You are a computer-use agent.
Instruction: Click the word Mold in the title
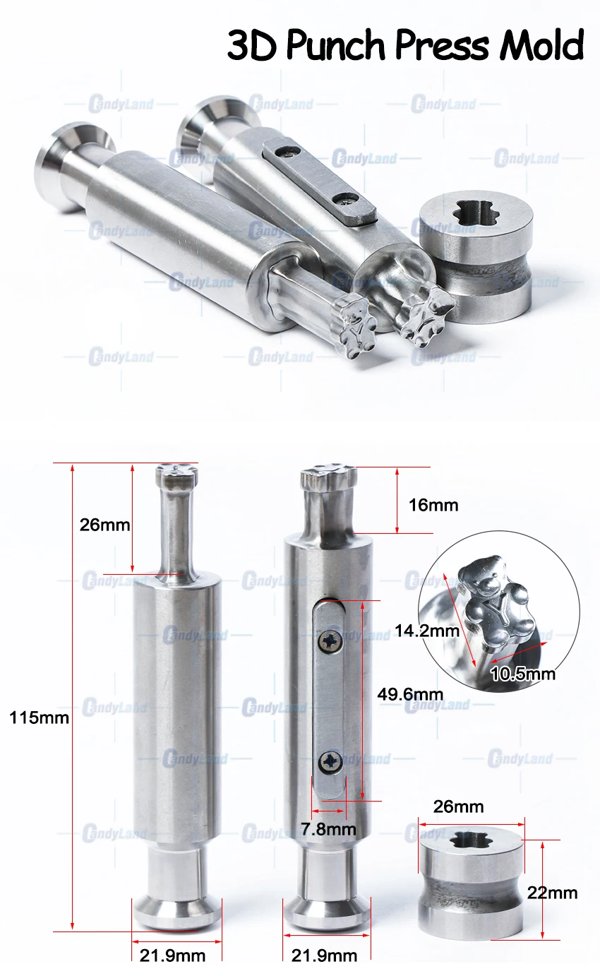tap(541, 44)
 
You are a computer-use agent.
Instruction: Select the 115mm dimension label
tap(40, 718)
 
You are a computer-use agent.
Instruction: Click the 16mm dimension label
tap(433, 506)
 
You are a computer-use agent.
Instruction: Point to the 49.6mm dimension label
tap(410, 694)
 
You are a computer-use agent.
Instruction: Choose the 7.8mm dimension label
tap(329, 829)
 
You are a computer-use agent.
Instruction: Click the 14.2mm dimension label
tap(426, 631)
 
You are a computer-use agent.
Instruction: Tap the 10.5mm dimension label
tap(523, 674)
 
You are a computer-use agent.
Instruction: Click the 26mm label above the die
tap(459, 807)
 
